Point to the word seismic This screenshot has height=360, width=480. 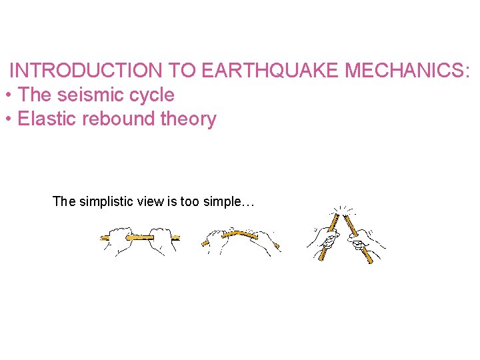[x=90, y=95]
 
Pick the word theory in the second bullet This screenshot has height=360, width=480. [x=189, y=119]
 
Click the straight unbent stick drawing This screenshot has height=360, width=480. [x=140, y=237]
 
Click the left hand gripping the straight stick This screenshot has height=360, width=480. [x=123, y=238]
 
